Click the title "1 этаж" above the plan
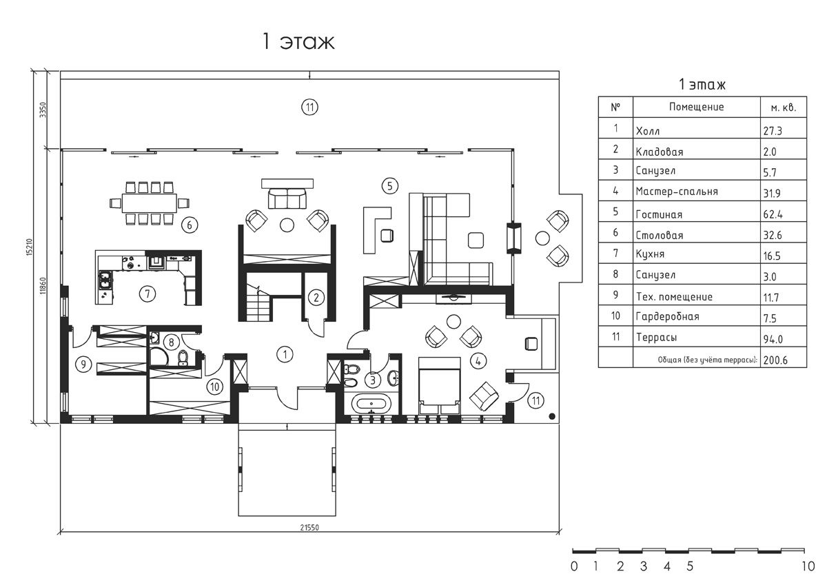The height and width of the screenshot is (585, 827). [x=297, y=41]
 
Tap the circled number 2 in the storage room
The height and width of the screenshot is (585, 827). [x=315, y=298]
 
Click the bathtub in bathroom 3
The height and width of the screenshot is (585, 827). [x=372, y=404]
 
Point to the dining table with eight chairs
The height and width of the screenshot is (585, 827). [x=149, y=203]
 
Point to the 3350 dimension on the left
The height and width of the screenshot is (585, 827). [x=42, y=110]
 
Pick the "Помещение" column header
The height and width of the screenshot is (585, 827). [x=696, y=107]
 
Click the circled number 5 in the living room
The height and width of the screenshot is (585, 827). [x=389, y=185]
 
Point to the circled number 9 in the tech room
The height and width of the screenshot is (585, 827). [x=83, y=365]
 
